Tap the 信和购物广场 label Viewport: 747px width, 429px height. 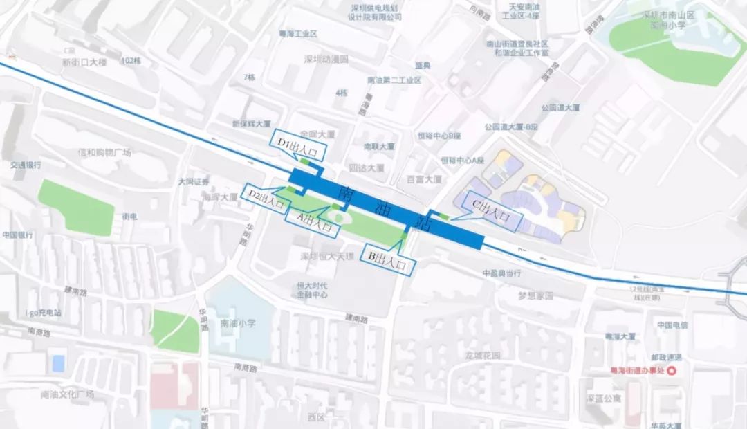coord(104,152)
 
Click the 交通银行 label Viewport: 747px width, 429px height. coord(26,165)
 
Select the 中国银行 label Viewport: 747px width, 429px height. coord(19,235)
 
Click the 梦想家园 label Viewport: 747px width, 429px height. coord(536,295)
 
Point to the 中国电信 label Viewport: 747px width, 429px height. coord(672,325)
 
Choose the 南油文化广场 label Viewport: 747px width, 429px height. coord(68,394)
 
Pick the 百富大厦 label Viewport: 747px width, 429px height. coord(424,179)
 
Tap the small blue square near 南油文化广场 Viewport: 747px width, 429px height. coord(59,363)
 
